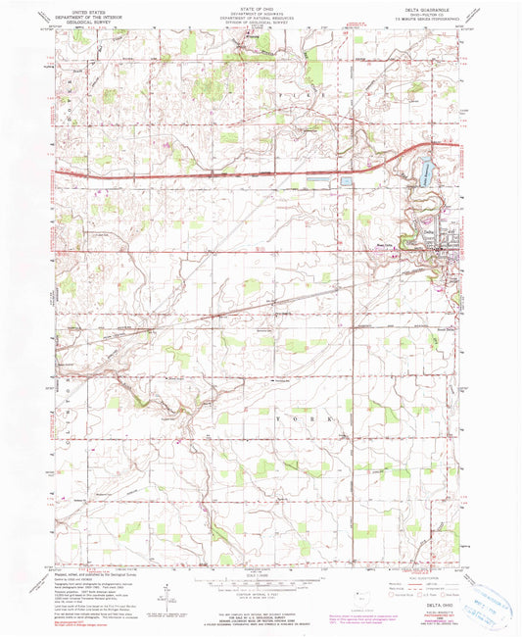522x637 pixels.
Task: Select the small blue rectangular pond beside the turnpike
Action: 345,181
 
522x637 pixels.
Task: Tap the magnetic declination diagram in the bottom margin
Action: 167,588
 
